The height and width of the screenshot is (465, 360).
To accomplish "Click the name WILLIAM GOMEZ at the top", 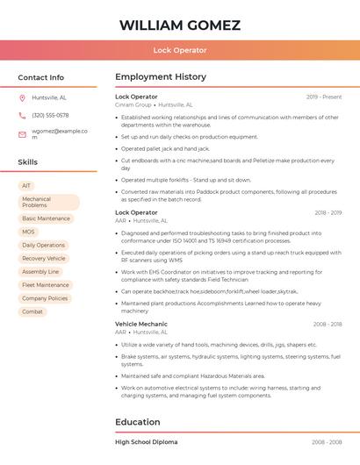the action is point(180,25).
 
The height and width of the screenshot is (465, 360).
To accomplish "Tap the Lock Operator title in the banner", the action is point(180,50).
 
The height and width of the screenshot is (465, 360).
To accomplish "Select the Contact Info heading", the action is point(41,77).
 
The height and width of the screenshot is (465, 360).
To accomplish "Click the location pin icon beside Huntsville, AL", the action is point(22,97).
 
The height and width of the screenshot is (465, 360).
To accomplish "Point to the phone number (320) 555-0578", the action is point(50,115).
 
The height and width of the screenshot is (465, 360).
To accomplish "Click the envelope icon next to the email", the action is point(22,134).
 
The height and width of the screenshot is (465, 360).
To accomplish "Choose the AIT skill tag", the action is point(26,186).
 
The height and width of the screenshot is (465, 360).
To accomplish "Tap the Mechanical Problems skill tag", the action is point(48,202).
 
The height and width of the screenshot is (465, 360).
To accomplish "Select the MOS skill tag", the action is point(29,232).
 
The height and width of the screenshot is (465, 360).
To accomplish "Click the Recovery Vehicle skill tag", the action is point(44,259).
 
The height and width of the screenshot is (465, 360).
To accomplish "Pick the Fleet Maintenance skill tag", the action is point(46,285).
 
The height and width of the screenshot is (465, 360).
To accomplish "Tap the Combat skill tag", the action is point(32,311).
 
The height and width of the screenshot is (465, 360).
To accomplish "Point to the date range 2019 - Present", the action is point(324,97).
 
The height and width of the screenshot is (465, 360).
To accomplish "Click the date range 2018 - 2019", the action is point(328,212).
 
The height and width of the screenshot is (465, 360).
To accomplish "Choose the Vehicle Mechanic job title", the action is point(141,324).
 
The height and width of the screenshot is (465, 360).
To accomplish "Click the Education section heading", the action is point(138,422).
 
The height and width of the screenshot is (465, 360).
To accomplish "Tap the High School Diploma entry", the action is point(147,442).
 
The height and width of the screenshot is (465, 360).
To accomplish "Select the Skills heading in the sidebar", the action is point(28,162).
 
